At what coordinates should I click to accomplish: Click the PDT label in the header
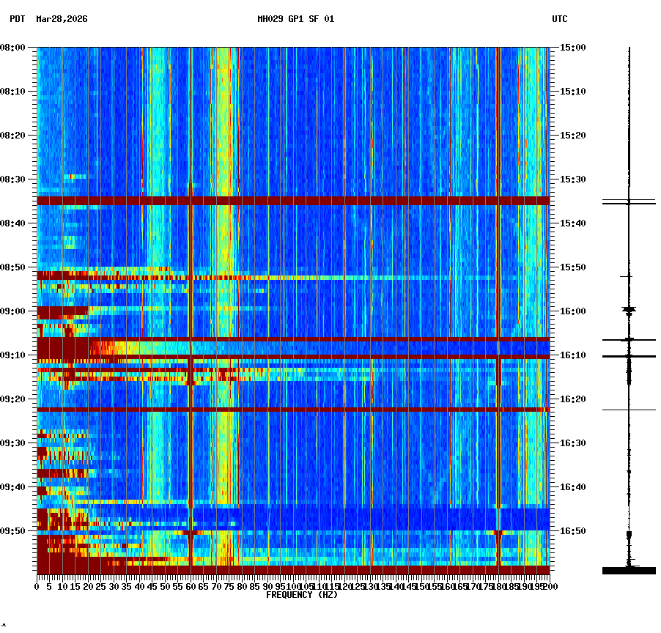click(17, 19)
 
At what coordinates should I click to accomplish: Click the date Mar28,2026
click(62, 19)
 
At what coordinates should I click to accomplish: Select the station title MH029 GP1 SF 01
click(295, 19)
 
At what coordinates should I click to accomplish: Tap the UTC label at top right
click(559, 19)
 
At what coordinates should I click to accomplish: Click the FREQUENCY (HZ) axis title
click(302, 595)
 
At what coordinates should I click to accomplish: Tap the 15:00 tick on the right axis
click(572, 48)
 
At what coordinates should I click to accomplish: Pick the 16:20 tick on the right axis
click(572, 399)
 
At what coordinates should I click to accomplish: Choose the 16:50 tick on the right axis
click(572, 531)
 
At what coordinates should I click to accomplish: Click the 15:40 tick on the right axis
click(572, 223)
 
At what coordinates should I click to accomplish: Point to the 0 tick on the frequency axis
click(37, 587)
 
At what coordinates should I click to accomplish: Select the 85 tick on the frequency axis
click(255, 587)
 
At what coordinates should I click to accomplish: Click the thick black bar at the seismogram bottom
click(629, 570)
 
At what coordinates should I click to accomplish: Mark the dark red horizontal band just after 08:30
click(293, 200)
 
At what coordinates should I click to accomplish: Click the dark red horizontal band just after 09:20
click(293, 409)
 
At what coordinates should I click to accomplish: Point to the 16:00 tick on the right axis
click(572, 311)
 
